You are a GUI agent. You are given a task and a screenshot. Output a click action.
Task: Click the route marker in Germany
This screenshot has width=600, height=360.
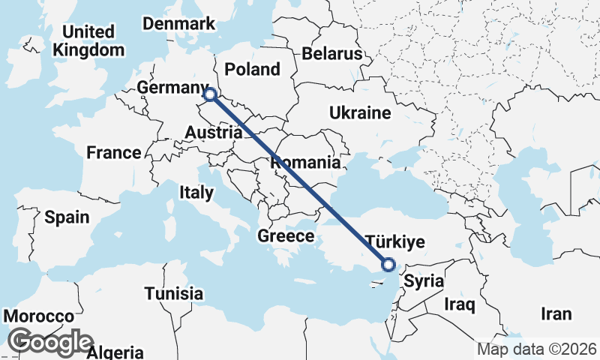[210, 95]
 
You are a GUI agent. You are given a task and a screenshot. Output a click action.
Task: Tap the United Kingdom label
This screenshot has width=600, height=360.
[88, 41]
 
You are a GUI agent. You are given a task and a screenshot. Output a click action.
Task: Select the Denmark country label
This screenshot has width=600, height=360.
[179, 24]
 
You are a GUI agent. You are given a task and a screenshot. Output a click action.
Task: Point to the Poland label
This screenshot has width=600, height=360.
[252, 70]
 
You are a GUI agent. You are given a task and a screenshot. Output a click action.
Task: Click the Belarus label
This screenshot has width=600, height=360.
[332, 54]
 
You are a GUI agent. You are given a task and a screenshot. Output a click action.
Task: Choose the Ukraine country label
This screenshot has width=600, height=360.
[360, 113]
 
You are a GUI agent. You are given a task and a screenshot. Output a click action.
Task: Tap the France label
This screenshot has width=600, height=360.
[113, 153]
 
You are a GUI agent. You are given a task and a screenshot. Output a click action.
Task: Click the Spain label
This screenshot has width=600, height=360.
[67, 217]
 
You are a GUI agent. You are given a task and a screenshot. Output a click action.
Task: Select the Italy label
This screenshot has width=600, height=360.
[196, 193]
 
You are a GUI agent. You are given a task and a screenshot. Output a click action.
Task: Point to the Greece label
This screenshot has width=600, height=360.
[286, 236]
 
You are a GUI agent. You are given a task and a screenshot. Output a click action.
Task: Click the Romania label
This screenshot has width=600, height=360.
[305, 162]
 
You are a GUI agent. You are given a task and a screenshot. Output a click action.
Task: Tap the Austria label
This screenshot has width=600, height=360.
[214, 133]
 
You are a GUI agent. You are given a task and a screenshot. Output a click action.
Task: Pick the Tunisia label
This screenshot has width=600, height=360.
[174, 292]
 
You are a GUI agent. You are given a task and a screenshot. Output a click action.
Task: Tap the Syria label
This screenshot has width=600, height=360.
[424, 282]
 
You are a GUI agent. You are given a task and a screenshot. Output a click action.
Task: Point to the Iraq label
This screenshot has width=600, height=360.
[460, 304]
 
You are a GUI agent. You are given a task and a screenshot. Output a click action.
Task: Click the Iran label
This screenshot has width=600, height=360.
[556, 314]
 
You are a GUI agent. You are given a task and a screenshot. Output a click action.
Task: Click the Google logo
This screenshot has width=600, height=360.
[51, 342]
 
